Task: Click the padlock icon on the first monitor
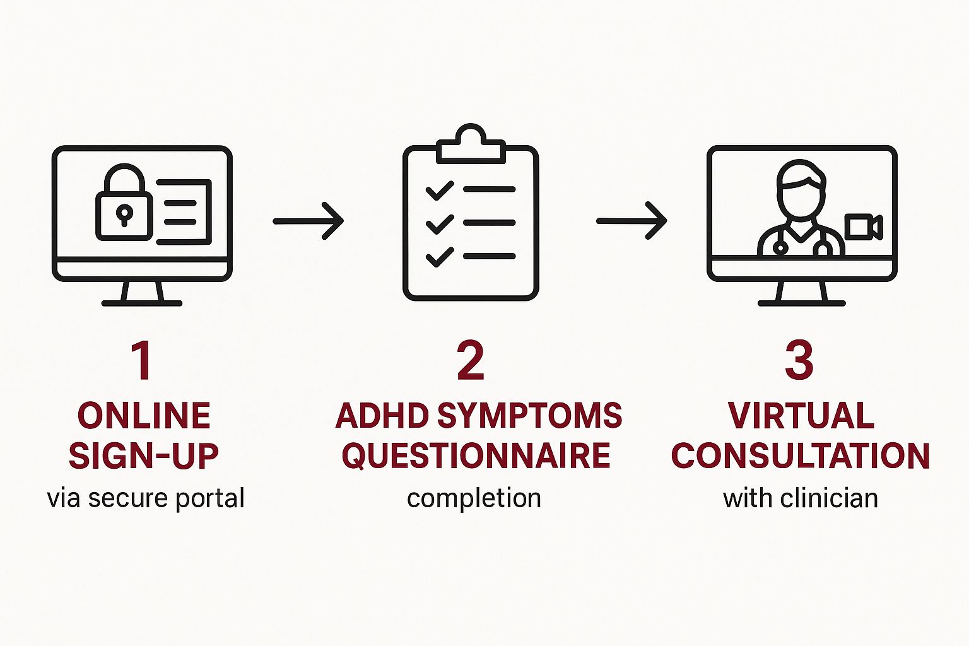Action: [124, 205]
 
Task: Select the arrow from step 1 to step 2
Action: [308, 221]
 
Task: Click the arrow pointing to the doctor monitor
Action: [631, 221]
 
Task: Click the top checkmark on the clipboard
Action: [440, 190]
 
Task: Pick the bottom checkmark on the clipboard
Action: [440, 257]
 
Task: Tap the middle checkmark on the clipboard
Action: [440, 223]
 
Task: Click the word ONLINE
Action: [144, 416]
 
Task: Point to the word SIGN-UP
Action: [144, 455]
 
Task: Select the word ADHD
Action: [382, 416]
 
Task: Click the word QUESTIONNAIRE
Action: [476, 455]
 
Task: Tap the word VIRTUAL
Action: [801, 416]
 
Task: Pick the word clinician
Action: [829, 498]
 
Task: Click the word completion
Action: [474, 498]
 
